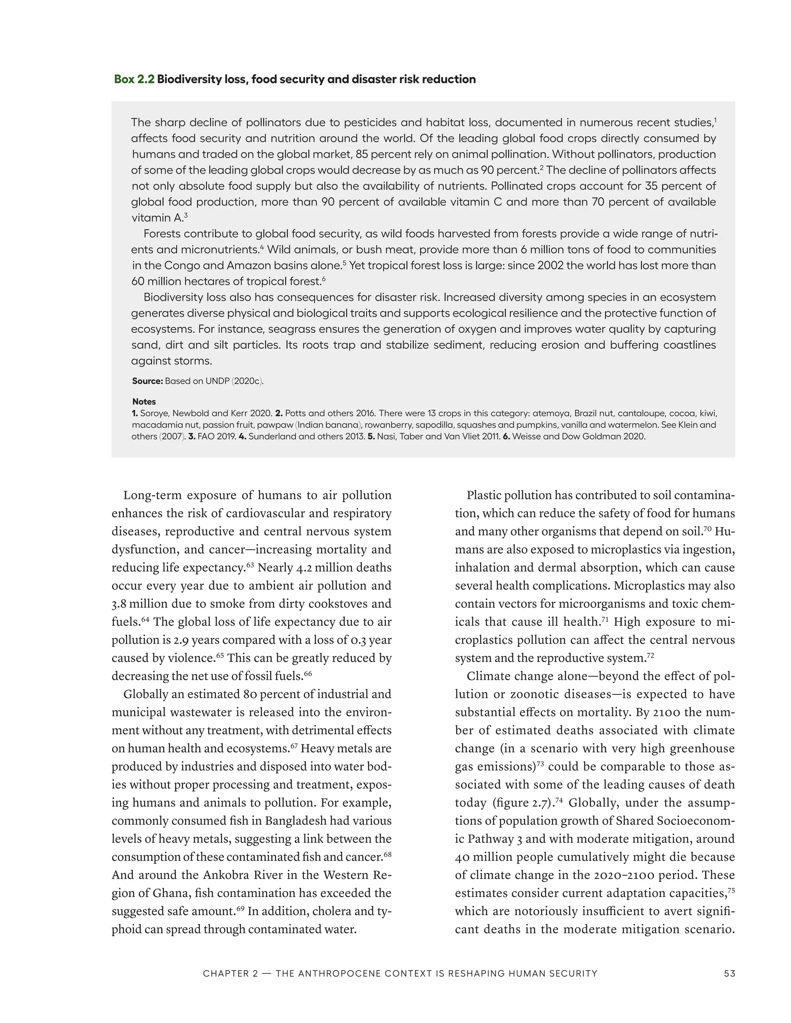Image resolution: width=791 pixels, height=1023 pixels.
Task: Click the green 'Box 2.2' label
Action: [134, 79]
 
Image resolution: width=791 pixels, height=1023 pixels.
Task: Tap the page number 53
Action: [729, 973]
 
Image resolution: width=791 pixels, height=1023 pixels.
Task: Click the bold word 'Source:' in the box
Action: [147, 381]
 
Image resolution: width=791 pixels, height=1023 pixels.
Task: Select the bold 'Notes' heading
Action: [144, 401]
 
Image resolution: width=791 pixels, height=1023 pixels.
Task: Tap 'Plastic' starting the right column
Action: [483, 495]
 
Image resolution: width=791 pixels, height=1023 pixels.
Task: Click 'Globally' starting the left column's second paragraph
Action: [145, 694]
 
